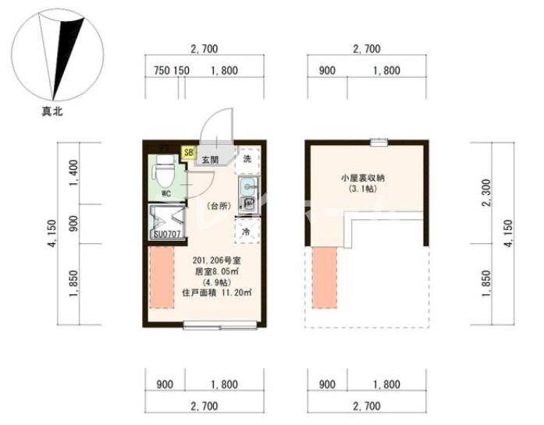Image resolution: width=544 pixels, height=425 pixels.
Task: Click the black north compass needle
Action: (68, 47)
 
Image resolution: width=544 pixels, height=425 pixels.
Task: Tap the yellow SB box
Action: (189, 152)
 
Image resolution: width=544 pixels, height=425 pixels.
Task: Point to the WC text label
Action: (166, 192)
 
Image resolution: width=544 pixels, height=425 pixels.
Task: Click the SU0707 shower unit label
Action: (167, 233)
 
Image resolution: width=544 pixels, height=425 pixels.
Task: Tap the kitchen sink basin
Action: (248, 186)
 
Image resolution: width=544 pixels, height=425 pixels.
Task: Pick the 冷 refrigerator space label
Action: (247, 232)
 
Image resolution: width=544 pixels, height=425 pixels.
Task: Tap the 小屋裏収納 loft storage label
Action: (362, 178)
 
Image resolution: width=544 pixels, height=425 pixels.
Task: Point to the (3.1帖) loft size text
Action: (362, 189)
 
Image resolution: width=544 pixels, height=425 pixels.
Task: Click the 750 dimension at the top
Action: (162, 71)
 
